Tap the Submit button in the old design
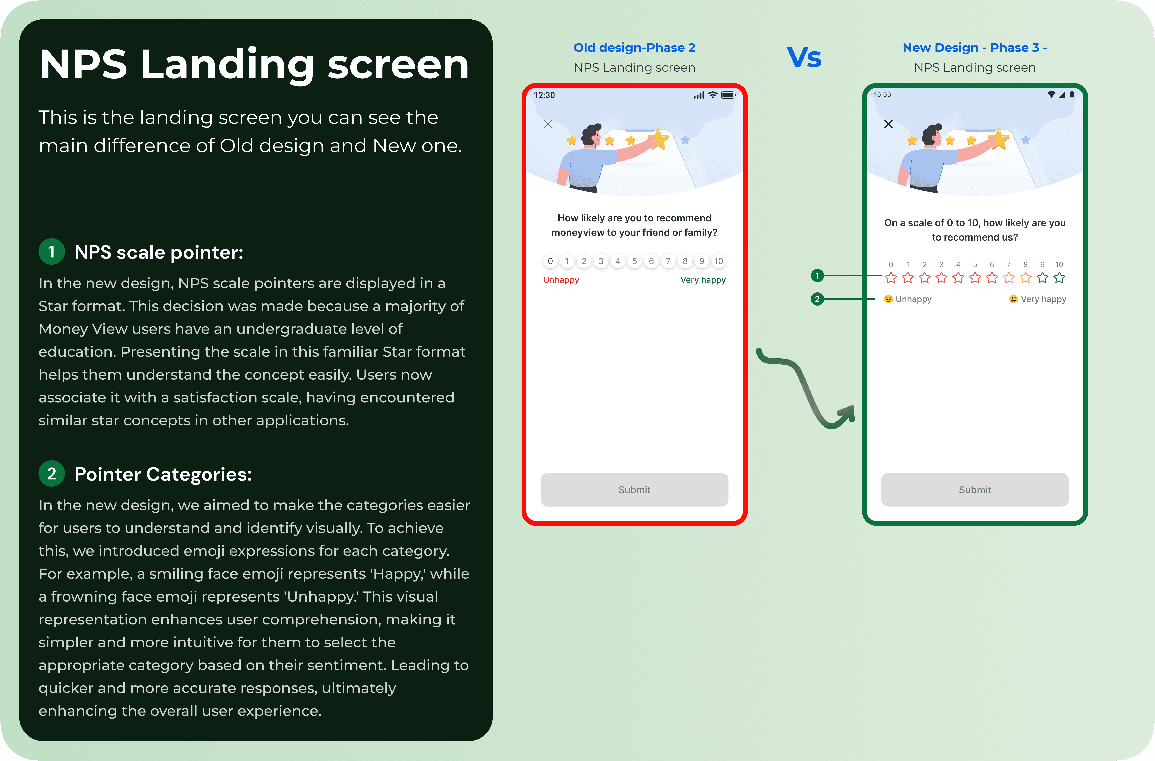[x=634, y=490]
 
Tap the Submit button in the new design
[x=975, y=490]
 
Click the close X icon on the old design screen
[x=548, y=124]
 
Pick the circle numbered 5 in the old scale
[x=634, y=261]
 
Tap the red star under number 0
[x=890, y=278]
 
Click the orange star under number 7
[x=1008, y=278]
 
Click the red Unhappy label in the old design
[x=561, y=280]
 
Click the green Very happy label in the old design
[x=703, y=280]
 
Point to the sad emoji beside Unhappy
[x=888, y=299]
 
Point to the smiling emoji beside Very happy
[x=1013, y=299]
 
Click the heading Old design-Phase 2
[x=634, y=48]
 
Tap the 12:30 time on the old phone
[x=544, y=95]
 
